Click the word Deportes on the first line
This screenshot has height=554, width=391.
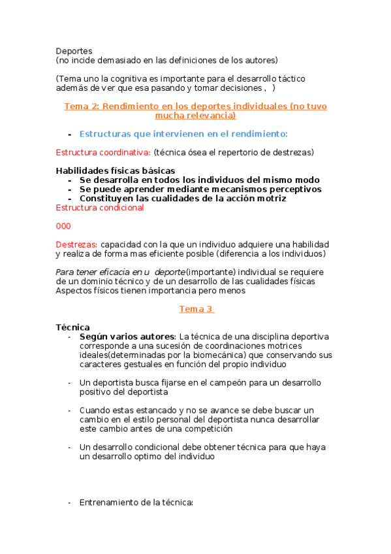(74, 50)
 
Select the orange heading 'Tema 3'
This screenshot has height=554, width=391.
(196, 309)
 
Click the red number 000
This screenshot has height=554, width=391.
(63, 226)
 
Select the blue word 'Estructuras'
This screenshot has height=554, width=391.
(106, 134)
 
